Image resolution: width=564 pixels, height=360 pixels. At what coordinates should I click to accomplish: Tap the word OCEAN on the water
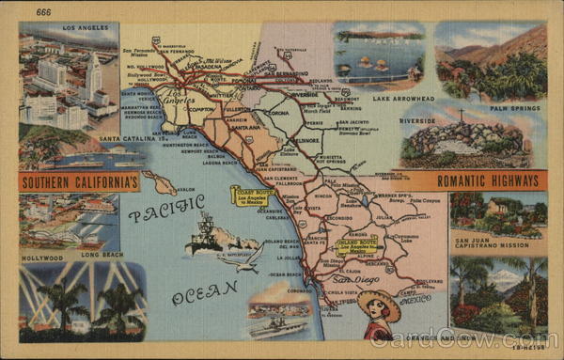(x=204, y=291)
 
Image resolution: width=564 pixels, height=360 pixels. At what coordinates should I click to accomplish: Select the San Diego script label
(x=355, y=280)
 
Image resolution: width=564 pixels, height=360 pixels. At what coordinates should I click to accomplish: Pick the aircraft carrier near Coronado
(x=278, y=326)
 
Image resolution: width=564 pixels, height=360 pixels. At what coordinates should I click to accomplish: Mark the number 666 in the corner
(x=44, y=12)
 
